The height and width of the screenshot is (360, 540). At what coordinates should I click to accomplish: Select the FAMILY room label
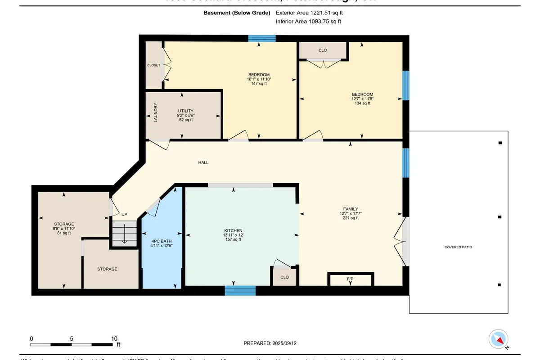[x=351, y=209]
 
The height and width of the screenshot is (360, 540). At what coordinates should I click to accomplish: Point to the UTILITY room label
[x=185, y=111]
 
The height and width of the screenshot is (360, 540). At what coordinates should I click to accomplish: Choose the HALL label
[x=203, y=162]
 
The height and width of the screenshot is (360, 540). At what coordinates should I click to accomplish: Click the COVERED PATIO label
[x=458, y=247]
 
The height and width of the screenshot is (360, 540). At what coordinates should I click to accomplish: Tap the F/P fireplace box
[x=351, y=279]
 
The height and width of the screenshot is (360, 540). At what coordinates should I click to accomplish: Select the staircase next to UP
[x=124, y=233]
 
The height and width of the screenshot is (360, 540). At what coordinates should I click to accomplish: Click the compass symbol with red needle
[x=499, y=339]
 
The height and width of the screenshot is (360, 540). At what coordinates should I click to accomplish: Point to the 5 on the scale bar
[x=72, y=338]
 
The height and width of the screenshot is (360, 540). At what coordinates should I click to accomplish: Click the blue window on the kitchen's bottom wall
[x=240, y=291]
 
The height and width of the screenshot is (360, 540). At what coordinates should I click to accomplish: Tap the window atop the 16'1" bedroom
[x=262, y=38]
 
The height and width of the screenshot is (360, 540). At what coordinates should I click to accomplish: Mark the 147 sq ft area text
[x=259, y=83]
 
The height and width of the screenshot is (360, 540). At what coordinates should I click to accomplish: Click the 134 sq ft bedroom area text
[x=362, y=103]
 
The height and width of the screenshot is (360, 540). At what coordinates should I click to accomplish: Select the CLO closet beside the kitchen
[x=284, y=277]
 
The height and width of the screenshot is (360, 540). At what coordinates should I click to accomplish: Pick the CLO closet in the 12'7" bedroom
[x=323, y=50]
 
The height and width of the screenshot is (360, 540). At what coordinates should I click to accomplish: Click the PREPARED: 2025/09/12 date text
[x=270, y=343]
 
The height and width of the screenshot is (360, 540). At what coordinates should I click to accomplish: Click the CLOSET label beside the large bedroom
[x=153, y=65]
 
